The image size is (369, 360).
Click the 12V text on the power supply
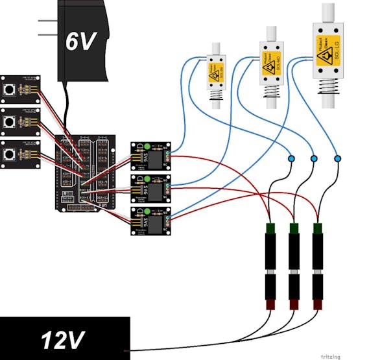[x=64, y=339]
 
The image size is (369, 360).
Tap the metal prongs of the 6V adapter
[x=47, y=28]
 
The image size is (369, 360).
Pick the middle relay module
[x=150, y=188]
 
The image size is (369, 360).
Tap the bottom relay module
[x=150, y=221]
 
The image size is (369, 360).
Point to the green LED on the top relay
[x=147, y=145]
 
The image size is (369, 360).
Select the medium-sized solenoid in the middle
[x=272, y=65]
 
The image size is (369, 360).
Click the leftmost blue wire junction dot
[x=291, y=158]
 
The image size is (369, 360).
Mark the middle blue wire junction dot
[x=314, y=158]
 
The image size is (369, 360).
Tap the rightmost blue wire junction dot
[x=337, y=158]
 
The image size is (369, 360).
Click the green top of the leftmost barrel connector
[x=270, y=228]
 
